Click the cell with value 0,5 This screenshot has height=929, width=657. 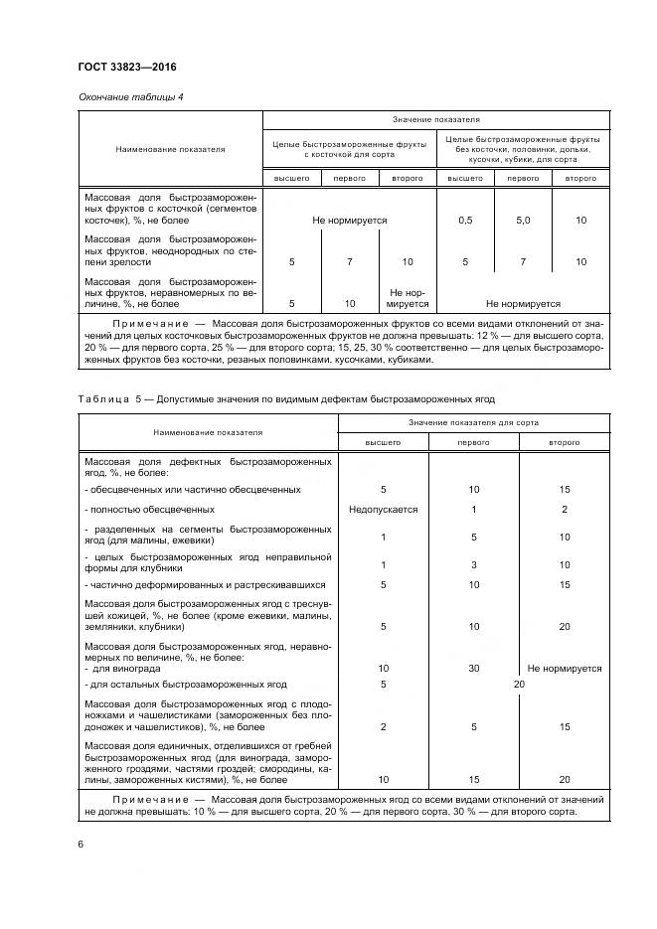point(465,220)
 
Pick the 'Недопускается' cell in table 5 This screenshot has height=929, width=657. point(384,509)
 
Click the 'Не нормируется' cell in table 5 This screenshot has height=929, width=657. point(565,669)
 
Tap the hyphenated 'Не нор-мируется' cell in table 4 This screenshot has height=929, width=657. point(408,298)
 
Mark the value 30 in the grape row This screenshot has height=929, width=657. point(474,669)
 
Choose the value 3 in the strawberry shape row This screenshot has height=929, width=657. point(474,564)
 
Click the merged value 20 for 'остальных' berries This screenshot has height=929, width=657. point(518,685)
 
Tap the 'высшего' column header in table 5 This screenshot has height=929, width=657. point(384,442)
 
